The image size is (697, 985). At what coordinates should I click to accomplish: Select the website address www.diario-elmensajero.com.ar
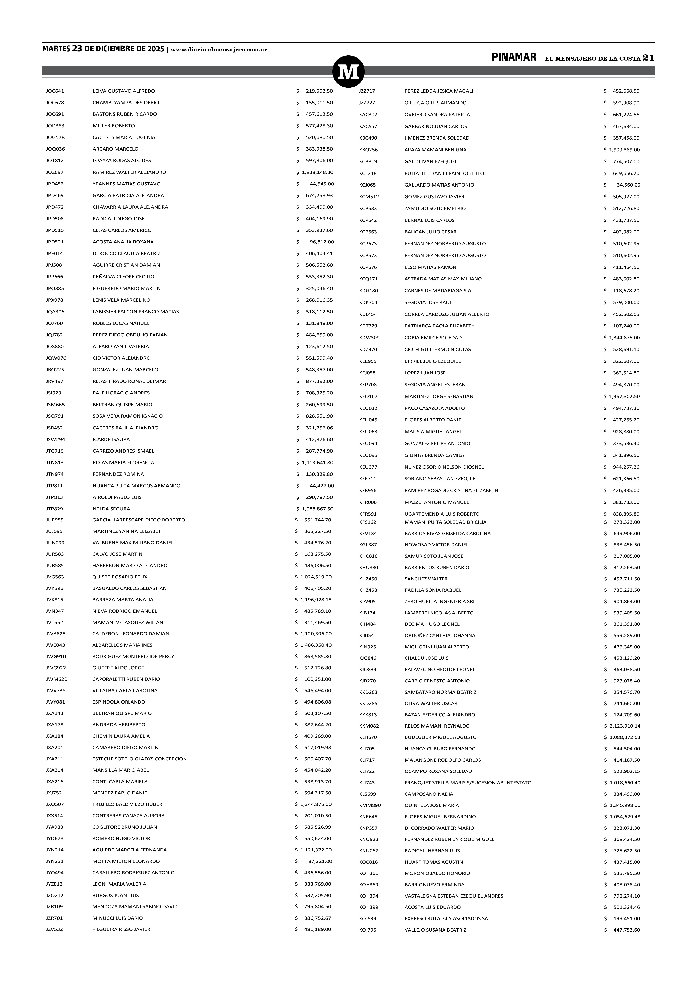pos(219,50)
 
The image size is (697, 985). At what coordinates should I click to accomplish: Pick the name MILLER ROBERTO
pos(114,126)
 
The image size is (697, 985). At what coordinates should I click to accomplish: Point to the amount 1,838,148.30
pos(317,172)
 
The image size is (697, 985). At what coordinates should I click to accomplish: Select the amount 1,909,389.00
pos(624,150)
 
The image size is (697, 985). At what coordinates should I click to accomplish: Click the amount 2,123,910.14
pos(625,726)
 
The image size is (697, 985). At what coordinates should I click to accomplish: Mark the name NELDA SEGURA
pos(111,509)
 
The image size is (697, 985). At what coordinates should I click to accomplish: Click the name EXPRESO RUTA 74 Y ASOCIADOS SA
pos(446,918)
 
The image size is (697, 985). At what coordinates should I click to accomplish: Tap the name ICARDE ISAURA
pos(111,439)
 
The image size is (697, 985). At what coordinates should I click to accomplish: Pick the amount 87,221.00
pos(320,861)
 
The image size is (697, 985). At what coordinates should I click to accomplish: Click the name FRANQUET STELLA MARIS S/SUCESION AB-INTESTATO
pos(468,782)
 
